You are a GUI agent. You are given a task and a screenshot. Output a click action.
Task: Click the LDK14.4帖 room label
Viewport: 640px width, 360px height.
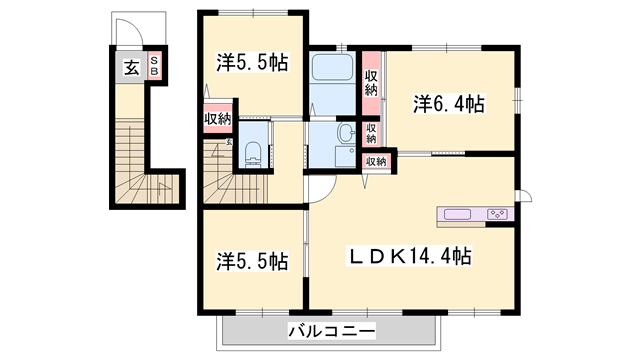[x=409, y=256]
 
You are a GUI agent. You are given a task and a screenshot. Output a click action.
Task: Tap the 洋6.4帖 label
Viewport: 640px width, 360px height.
[x=449, y=102]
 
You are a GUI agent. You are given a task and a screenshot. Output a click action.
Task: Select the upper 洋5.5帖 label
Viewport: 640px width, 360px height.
[x=253, y=62]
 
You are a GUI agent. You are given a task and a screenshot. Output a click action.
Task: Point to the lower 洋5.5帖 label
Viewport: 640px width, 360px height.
[x=253, y=262]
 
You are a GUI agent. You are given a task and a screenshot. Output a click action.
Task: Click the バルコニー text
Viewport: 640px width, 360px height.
[x=331, y=331]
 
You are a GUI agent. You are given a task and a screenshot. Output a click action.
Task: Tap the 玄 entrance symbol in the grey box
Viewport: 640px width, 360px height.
[x=131, y=68]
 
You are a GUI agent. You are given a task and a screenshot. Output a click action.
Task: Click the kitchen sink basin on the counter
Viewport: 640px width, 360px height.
[x=457, y=214]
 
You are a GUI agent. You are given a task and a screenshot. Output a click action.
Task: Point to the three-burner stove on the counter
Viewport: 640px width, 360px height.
[x=497, y=214]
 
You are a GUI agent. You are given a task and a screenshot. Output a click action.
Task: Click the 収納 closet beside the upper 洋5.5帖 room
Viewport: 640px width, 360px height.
[x=217, y=120]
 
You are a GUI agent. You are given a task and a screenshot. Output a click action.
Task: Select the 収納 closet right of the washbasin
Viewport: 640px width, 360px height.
[x=371, y=132]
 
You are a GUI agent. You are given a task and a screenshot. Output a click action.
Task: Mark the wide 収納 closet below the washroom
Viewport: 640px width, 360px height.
[x=375, y=161]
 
